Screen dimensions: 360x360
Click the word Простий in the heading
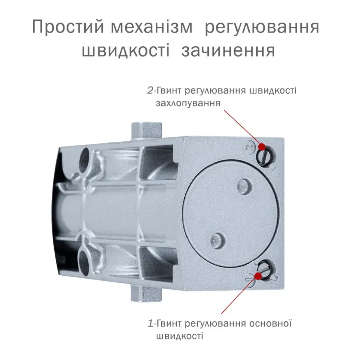(x=68, y=26)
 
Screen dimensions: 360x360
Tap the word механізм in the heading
(x=152, y=26)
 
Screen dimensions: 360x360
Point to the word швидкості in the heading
(x=125, y=50)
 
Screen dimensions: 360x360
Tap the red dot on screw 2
(x=262, y=147)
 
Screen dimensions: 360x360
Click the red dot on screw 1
(x=259, y=276)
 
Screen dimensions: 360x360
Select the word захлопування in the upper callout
(x=188, y=103)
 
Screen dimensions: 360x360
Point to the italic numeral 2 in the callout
(x=150, y=91)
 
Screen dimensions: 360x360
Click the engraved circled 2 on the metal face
(x=250, y=147)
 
